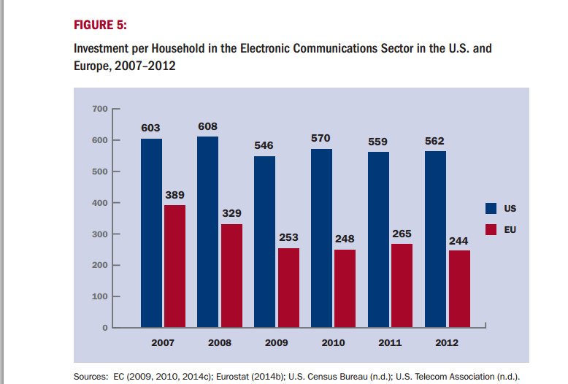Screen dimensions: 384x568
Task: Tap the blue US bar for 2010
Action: [321, 237]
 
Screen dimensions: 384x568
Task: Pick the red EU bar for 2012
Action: [459, 288]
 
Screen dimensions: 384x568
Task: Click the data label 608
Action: [207, 126]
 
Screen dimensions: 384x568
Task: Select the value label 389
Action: [174, 195]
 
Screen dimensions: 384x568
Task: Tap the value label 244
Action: [458, 240]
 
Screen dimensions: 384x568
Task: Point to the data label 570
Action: [321, 138]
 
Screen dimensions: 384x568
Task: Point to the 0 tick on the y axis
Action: [104, 328]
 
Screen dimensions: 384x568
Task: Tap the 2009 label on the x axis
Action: [276, 342]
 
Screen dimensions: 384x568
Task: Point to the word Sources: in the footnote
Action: [91, 377]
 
